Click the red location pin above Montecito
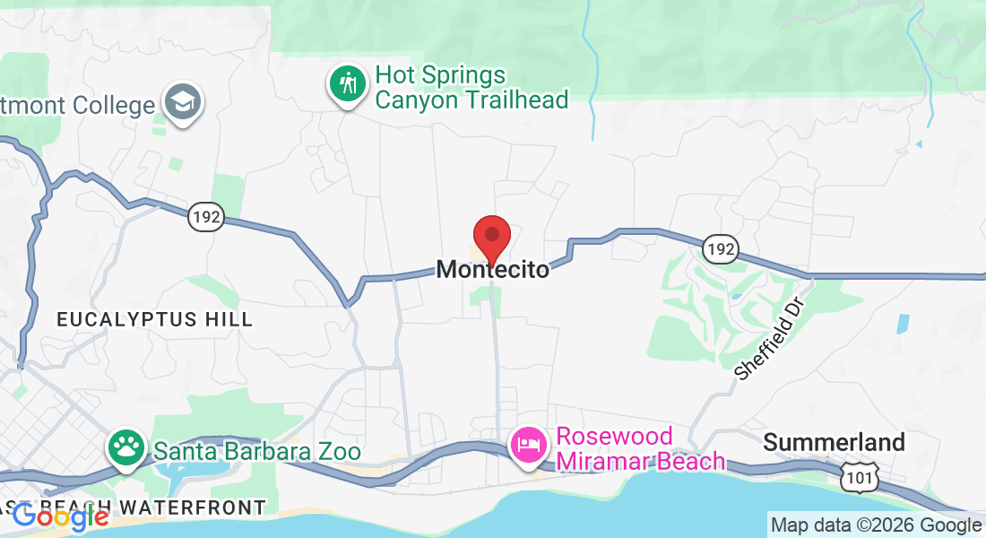[x=492, y=237]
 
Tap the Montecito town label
[x=493, y=269]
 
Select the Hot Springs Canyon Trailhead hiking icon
[x=348, y=84]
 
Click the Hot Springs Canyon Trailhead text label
[x=471, y=87]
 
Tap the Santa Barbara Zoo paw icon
[x=127, y=445]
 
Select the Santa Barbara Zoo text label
[x=257, y=450]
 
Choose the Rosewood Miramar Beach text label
[x=640, y=448]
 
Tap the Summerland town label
[x=834, y=442]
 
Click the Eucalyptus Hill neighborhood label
[x=155, y=319]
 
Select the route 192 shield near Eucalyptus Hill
[x=205, y=217]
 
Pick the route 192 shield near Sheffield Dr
[x=720, y=249]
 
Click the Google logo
[x=61, y=516]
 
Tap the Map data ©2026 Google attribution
[x=876, y=525]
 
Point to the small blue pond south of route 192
[x=902, y=324]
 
